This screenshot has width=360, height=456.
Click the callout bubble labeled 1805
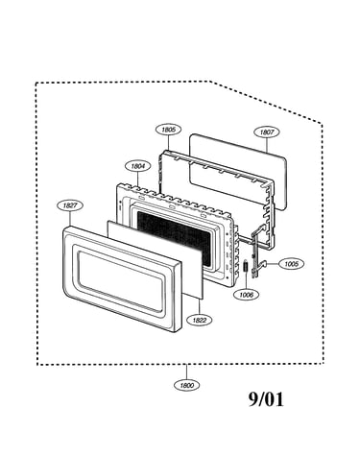(x=168, y=130)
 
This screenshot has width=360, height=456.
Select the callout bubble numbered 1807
(x=267, y=132)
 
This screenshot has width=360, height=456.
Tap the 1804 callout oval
(x=137, y=166)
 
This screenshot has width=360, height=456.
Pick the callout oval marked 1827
(x=70, y=205)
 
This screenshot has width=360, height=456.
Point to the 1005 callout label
(x=291, y=264)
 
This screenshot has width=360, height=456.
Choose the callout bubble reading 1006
(x=246, y=295)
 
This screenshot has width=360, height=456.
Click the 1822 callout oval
(x=200, y=320)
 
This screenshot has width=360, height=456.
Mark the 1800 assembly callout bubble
(x=186, y=385)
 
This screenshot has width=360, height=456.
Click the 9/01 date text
(x=266, y=399)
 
